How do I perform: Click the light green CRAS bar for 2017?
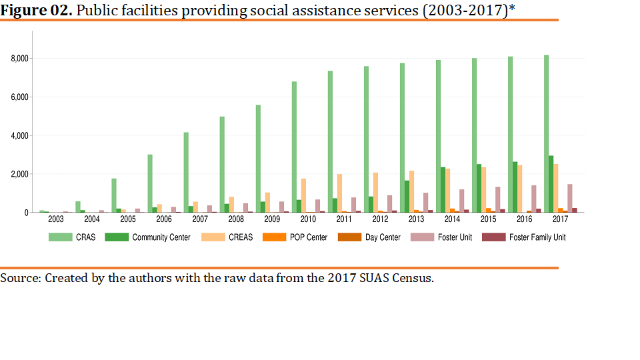[547, 133]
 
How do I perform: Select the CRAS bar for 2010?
[294, 147]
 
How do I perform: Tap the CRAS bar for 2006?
[150, 183]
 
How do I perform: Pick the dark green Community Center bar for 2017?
[551, 184]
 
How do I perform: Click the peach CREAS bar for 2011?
[339, 193]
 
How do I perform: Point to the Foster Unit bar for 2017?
[570, 198]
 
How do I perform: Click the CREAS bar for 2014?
[447, 191]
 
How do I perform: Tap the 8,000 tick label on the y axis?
[19, 59]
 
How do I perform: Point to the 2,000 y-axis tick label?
[19, 174]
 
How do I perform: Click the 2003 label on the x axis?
[56, 219]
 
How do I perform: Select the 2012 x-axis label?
[380, 219]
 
